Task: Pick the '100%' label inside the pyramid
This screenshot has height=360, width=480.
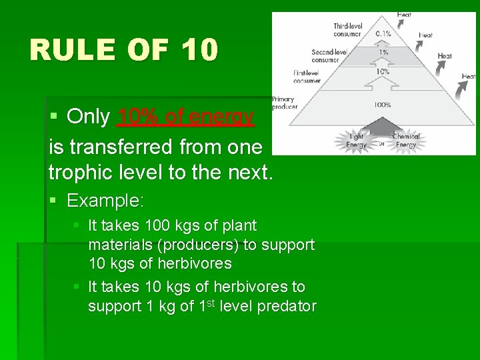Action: (383, 105)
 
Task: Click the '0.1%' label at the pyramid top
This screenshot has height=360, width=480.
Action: (383, 33)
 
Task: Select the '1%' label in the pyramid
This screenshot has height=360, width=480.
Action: (383, 53)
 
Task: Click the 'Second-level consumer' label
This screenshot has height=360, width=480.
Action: (330, 54)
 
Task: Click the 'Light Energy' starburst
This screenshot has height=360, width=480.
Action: (356, 141)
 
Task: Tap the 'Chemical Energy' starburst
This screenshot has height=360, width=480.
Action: (405, 141)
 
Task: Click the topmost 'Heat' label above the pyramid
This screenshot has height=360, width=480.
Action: (404, 15)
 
